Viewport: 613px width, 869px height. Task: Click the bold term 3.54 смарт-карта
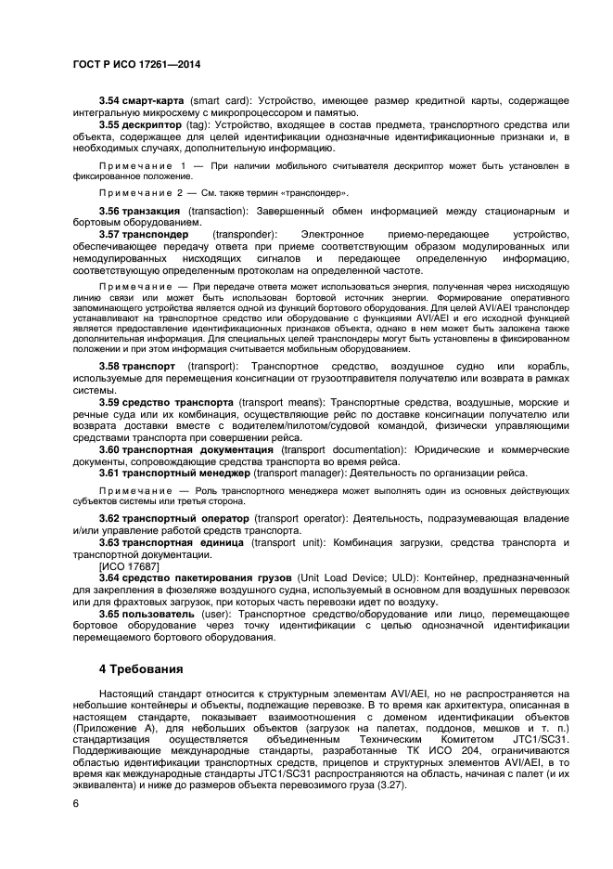click(142, 99)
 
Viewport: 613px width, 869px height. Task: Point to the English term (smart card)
click(221, 99)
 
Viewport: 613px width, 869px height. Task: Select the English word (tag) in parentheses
click(201, 124)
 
